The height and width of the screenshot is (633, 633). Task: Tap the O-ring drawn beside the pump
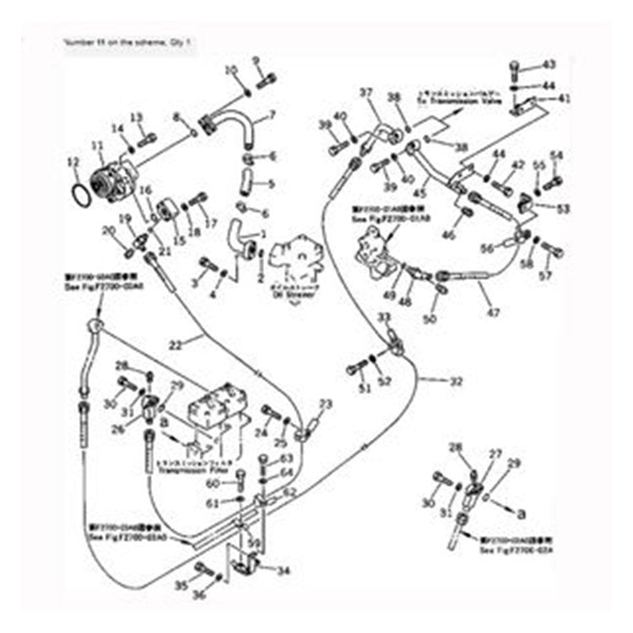[80, 193]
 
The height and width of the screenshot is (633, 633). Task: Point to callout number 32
[456, 381]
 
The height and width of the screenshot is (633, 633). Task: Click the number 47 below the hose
[493, 312]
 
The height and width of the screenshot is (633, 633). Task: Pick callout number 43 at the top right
[549, 64]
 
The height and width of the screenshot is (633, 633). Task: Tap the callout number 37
[366, 92]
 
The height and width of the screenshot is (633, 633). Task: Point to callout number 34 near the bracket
[284, 571]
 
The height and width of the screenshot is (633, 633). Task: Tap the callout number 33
[384, 317]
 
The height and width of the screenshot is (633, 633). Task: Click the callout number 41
[565, 99]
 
